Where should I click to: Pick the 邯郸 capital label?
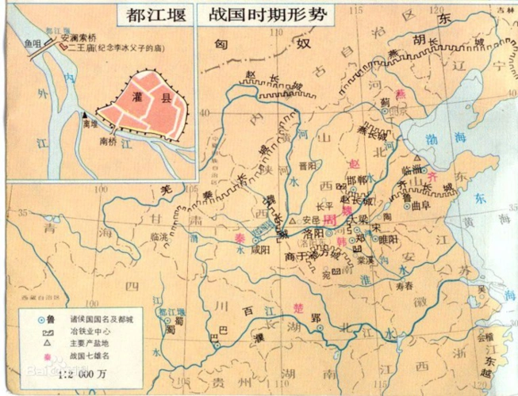(359, 181)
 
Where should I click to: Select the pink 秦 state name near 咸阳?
(239, 235)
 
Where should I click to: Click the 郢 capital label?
(315, 318)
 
